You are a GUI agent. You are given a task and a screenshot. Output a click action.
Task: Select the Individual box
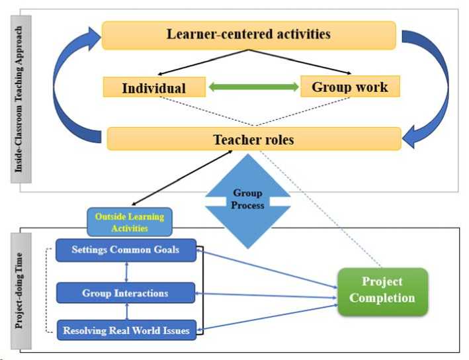point(153,87)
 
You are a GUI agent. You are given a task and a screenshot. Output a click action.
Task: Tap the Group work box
point(350,87)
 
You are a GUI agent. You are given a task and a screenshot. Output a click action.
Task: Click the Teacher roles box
point(253,139)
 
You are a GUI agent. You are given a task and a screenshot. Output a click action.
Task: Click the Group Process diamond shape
point(247,199)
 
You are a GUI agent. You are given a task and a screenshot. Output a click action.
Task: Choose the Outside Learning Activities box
point(130,222)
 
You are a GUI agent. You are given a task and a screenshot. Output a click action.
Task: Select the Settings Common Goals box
point(126,250)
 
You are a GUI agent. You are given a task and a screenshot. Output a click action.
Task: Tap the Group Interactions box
point(126,292)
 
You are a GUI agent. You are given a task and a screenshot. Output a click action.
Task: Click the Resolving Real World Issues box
point(126,329)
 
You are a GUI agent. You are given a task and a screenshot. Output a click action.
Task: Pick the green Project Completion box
point(382,291)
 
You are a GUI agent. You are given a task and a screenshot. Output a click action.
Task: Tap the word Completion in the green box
point(382,298)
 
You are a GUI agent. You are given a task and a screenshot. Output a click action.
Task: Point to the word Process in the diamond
point(247,205)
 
